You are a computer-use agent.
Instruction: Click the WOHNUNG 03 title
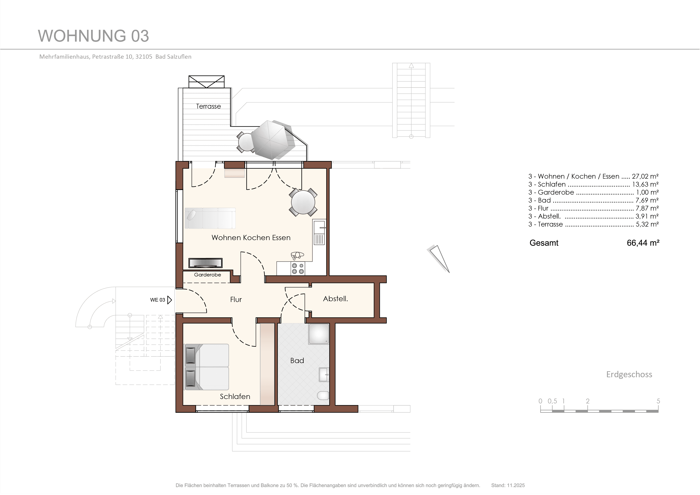93,36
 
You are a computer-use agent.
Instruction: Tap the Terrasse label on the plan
208,106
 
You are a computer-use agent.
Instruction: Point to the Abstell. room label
335,299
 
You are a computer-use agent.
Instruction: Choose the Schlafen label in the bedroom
235,396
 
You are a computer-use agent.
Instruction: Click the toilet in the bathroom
323,396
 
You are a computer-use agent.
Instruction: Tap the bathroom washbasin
324,374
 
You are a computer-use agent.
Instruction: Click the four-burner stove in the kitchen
298,268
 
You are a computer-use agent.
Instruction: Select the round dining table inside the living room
303,202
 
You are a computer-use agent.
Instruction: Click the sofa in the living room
210,218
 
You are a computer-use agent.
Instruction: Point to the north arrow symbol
439,258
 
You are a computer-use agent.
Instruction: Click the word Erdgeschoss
629,374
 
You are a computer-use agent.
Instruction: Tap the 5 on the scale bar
658,401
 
